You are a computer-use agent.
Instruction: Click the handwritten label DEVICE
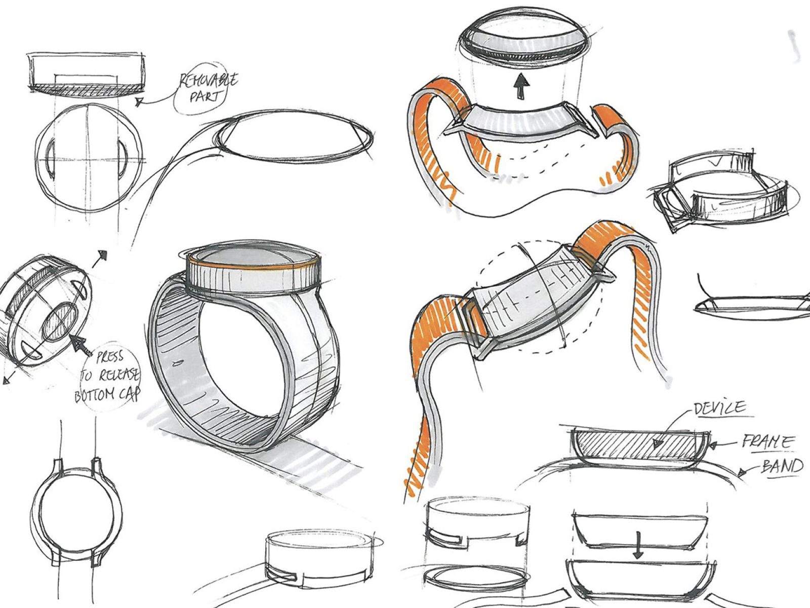point(719,408)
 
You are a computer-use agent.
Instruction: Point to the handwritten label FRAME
point(767,442)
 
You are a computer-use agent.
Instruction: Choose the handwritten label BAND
point(782,466)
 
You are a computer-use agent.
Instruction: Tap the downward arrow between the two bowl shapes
point(638,545)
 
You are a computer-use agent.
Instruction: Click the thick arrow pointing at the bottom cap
point(79,345)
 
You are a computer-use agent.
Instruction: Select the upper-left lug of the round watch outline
point(58,466)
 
